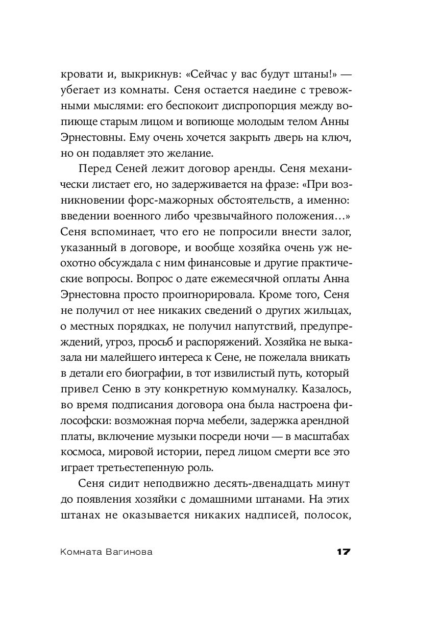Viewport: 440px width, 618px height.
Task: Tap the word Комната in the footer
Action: pos(81,552)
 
